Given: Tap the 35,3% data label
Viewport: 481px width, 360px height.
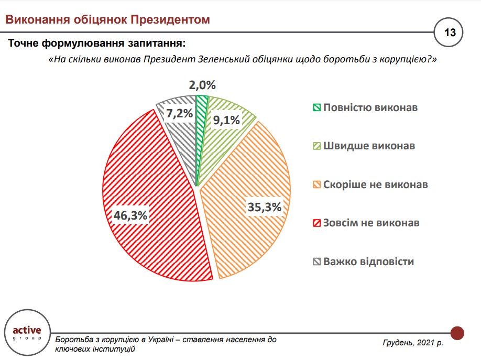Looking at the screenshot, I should (264, 207).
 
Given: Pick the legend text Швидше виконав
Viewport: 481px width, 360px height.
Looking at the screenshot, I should (369, 146).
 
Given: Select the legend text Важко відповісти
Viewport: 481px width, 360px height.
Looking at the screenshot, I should (368, 261).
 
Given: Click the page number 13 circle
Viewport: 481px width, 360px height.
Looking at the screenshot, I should (449, 32).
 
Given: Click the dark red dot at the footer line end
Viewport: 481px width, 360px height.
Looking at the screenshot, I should (457, 332).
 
